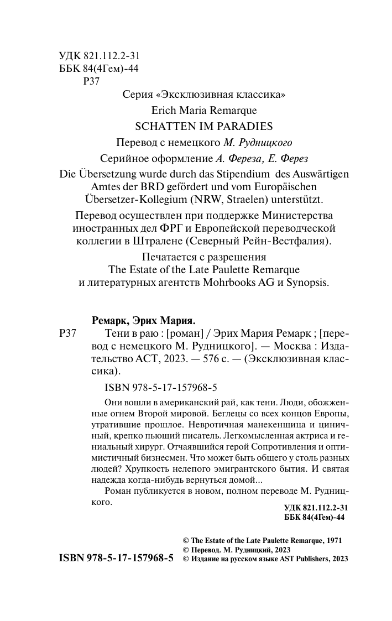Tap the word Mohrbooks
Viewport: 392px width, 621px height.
coord(237,283)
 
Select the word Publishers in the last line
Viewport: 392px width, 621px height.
coord(306,559)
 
